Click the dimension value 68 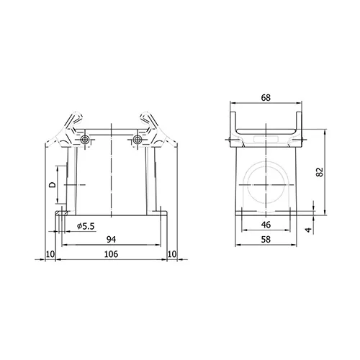point(266,98)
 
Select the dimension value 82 point(320,172)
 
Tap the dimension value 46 point(266,225)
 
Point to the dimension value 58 point(266,239)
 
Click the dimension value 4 point(308,230)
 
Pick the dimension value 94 point(111,239)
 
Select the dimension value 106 point(111,254)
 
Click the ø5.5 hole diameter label point(86,226)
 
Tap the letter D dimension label point(53,184)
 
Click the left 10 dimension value point(50,254)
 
